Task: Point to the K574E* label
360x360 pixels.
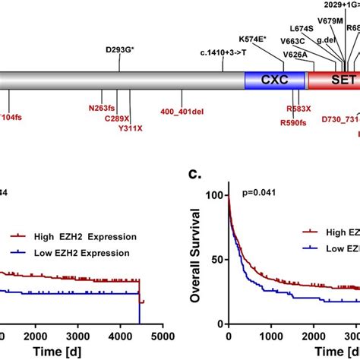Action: point(279,60)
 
